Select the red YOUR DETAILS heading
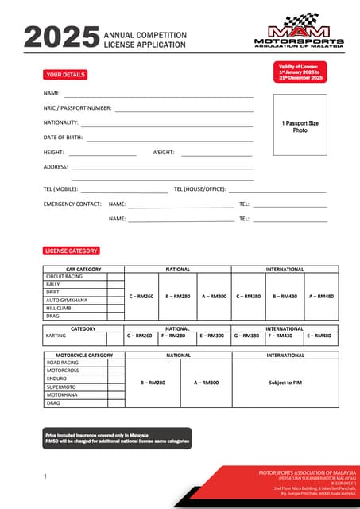(65, 75)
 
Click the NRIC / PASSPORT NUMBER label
(77, 108)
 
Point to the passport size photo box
(300, 126)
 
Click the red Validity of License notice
(300, 73)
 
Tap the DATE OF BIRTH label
(63, 138)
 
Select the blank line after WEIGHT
(217, 153)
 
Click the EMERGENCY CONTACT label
(72, 204)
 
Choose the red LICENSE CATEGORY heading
(72, 251)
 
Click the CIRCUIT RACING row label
(64, 276)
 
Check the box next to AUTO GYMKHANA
(117, 300)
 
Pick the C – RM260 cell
(141, 296)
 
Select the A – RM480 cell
(321, 296)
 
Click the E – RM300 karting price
(212, 336)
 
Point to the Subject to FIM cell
(285, 383)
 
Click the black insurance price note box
(117, 438)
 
